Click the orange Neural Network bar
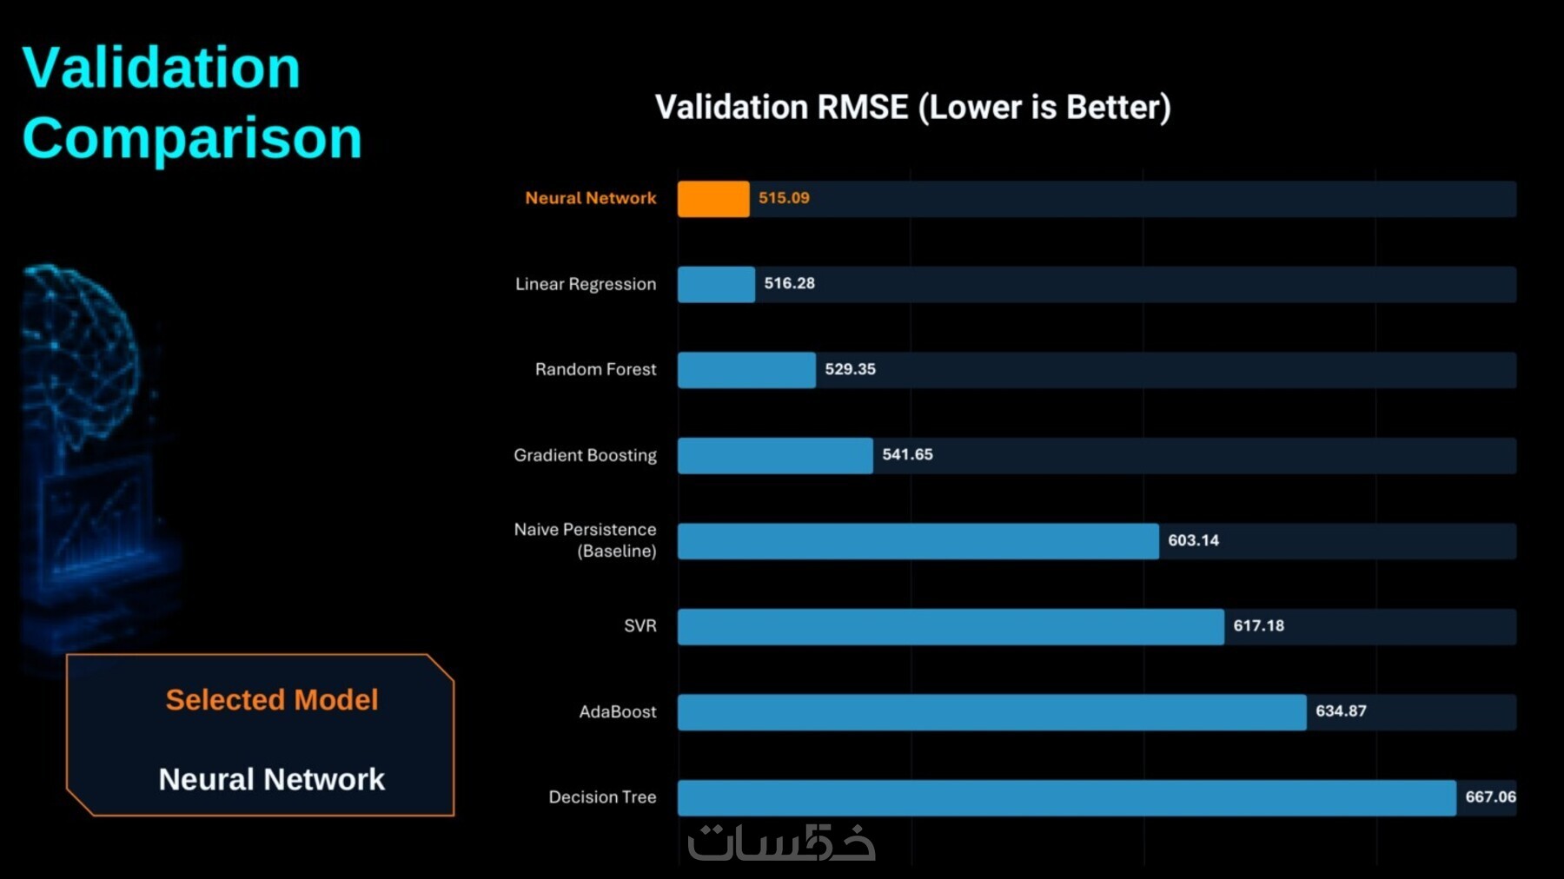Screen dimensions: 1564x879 click(x=713, y=199)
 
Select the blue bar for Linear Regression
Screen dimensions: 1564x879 click(x=716, y=284)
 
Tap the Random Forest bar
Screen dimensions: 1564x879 click(x=746, y=370)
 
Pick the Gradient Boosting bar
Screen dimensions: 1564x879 click(x=775, y=455)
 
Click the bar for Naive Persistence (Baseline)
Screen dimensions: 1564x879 click(x=918, y=541)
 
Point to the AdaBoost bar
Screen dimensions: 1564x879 click(x=992, y=712)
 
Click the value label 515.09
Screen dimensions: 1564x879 click(x=784, y=198)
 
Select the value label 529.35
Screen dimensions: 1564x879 click(x=851, y=369)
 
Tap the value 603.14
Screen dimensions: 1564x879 click(x=1194, y=540)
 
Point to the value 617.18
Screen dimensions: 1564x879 click(x=1259, y=625)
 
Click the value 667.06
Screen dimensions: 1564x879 click(x=1491, y=796)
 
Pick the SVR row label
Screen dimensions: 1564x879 click(x=640, y=625)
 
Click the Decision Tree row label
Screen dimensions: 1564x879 click(x=602, y=796)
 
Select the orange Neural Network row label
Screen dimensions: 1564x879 click(x=591, y=198)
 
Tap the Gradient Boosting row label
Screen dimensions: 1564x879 click(x=585, y=455)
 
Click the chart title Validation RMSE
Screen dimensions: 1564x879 click(x=912, y=107)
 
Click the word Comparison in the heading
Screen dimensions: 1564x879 click(x=192, y=138)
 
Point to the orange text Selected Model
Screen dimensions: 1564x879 click(x=272, y=699)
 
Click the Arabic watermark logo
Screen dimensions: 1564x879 click(x=781, y=842)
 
